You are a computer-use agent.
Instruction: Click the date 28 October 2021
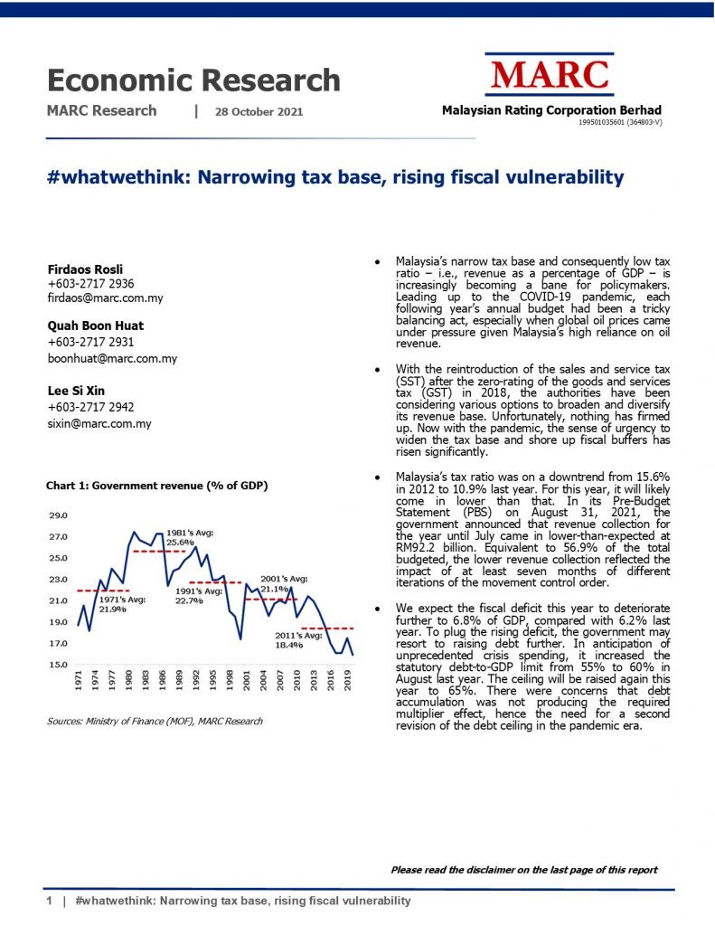[259, 112]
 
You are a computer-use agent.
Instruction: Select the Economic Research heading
[193, 80]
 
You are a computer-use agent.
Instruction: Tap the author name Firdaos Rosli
[84, 269]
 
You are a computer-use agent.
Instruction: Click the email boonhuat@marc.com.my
[111, 358]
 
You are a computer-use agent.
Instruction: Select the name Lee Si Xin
[76, 391]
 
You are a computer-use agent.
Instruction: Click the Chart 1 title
[156, 486]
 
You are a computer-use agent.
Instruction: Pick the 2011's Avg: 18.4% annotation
[298, 640]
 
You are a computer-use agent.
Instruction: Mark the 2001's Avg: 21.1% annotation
[284, 583]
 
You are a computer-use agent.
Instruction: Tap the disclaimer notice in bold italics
[523, 870]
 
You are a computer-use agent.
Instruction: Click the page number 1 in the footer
[51, 902]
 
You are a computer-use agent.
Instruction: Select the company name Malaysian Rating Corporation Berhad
[551, 109]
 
